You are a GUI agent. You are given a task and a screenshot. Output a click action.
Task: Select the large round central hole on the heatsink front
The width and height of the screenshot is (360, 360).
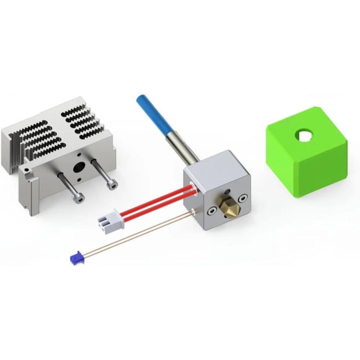[79, 167]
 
